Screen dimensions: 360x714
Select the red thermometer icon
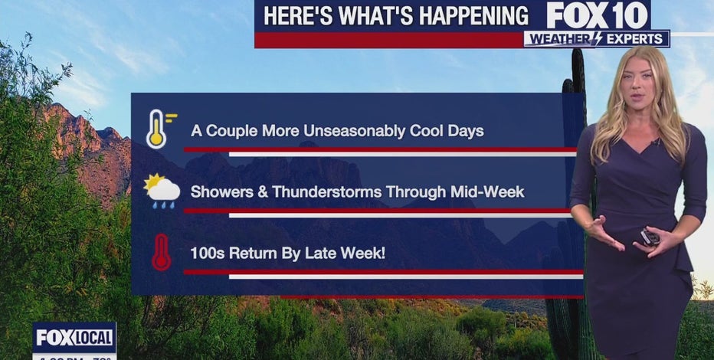pyautogui.click(x=161, y=252)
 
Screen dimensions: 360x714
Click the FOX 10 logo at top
pyautogui.click(x=598, y=15)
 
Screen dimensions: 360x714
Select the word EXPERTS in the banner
pyautogui.click(x=635, y=39)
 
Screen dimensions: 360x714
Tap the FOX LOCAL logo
pyautogui.click(x=74, y=337)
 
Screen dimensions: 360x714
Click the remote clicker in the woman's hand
pyautogui.click(x=650, y=237)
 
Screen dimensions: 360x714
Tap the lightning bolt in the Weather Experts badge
pyautogui.click(x=595, y=39)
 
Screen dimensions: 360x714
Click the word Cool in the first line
pyautogui.click(x=422, y=130)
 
